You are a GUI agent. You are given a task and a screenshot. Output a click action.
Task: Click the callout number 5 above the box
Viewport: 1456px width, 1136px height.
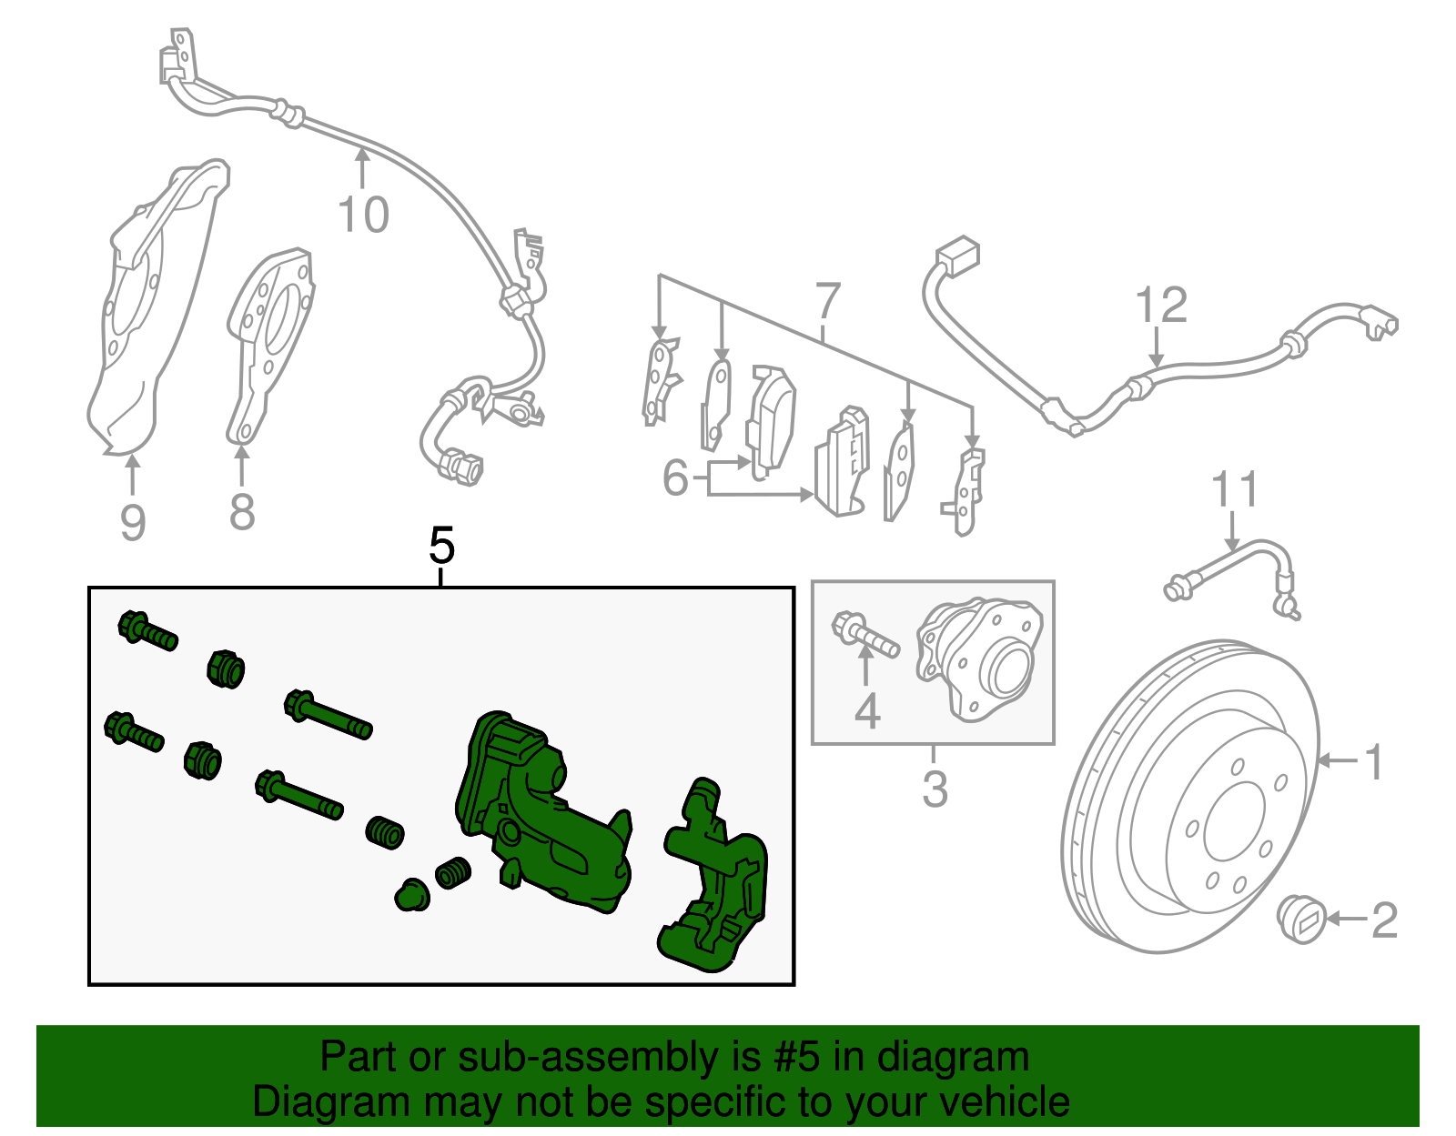441,546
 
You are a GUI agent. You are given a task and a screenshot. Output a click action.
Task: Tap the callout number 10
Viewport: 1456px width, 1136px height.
363,215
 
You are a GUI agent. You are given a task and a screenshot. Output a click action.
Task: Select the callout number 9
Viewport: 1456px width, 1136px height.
133,522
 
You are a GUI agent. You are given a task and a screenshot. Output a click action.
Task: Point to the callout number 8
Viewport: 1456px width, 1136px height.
242,511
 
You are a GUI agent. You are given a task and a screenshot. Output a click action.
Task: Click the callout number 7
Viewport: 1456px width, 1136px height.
827,301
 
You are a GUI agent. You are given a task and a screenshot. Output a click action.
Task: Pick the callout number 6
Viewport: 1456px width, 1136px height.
675,478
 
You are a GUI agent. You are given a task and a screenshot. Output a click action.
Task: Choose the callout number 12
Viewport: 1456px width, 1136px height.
1162,306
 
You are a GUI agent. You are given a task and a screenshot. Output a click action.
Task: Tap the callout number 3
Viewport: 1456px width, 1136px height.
935,789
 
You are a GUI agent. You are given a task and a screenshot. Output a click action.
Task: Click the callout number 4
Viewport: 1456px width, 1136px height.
867,711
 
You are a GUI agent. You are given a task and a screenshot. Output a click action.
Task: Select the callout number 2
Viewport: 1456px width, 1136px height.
1383,920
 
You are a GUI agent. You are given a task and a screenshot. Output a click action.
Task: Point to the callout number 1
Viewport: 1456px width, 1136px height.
1374,761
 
